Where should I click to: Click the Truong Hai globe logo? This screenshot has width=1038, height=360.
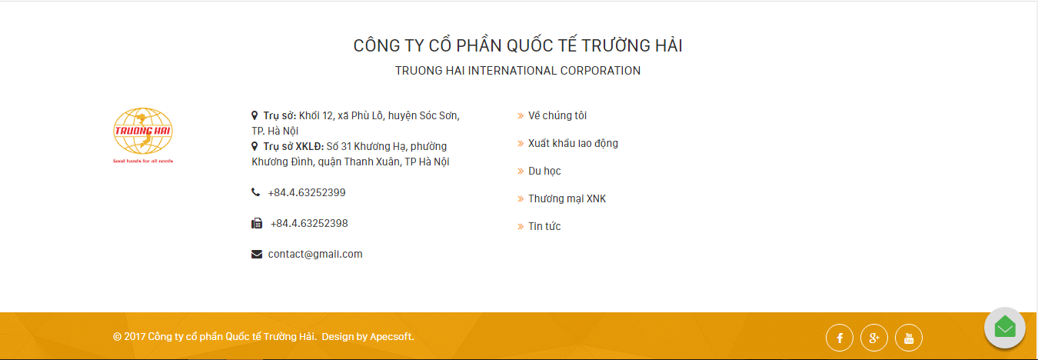(x=143, y=135)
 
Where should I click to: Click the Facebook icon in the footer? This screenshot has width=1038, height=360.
(x=839, y=338)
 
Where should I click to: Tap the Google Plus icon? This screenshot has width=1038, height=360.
(x=874, y=338)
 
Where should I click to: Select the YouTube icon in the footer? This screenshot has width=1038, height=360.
(x=909, y=338)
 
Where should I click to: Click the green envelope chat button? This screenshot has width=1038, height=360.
(x=1005, y=328)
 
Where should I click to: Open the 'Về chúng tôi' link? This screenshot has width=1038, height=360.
(x=557, y=115)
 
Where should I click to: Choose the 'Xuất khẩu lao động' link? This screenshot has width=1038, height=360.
(x=574, y=143)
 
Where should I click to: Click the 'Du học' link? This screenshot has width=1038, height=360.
(x=544, y=171)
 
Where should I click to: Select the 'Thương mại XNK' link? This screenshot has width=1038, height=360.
(x=567, y=198)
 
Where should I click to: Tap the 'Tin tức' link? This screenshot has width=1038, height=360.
(x=544, y=226)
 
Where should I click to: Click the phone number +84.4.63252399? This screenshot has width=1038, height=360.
(x=307, y=192)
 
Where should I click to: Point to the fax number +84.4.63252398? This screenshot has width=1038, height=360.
(x=309, y=223)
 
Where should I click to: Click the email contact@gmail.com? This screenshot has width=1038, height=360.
(x=315, y=254)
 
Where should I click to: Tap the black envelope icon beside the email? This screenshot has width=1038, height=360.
(x=257, y=254)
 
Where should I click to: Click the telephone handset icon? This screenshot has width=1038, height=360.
(x=255, y=192)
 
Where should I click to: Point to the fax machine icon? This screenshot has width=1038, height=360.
(x=257, y=223)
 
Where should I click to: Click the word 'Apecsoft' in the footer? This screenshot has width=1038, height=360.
(x=391, y=336)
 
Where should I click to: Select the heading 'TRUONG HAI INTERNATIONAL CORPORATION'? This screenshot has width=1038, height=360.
(x=517, y=71)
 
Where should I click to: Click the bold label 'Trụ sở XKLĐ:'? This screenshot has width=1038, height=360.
(x=293, y=146)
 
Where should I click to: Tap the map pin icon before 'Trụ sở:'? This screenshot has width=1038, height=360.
(x=255, y=115)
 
